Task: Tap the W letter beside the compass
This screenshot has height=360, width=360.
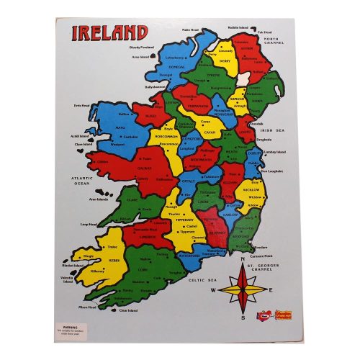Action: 213,289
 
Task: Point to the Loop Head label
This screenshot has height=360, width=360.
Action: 89,224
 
